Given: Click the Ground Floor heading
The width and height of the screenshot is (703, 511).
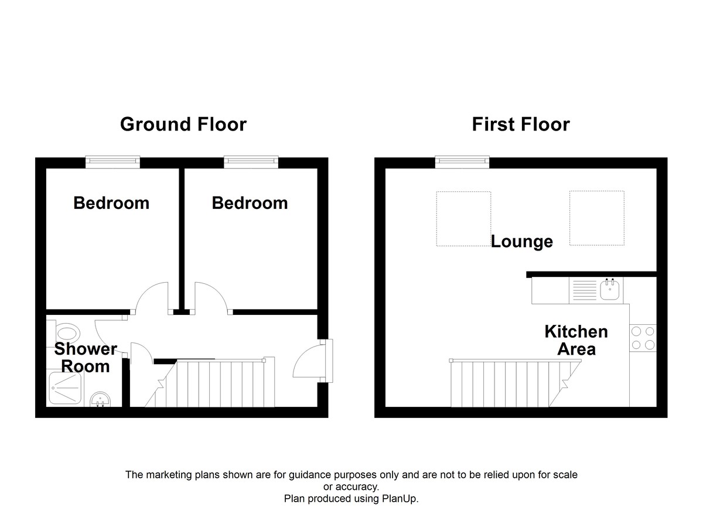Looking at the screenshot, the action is [183, 124].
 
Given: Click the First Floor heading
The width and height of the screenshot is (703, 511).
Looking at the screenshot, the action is [521, 124].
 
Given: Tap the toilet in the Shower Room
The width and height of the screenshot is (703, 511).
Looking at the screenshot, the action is [65, 333].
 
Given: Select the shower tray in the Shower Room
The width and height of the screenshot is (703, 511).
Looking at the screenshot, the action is [65, 388].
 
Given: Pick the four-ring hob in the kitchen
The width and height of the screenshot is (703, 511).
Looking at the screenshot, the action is [643, 338].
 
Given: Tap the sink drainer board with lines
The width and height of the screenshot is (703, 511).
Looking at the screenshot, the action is [585, 290].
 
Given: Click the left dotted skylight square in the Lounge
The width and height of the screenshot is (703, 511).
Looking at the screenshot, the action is [463, 219].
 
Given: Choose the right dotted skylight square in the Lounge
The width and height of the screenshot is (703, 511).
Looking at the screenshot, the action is [597, 218].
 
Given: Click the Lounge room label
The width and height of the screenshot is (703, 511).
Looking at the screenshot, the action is [522, 242].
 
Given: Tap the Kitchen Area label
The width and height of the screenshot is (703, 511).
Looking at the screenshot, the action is [576, 340].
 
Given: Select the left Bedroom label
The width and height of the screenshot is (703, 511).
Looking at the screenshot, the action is [111, 203].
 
